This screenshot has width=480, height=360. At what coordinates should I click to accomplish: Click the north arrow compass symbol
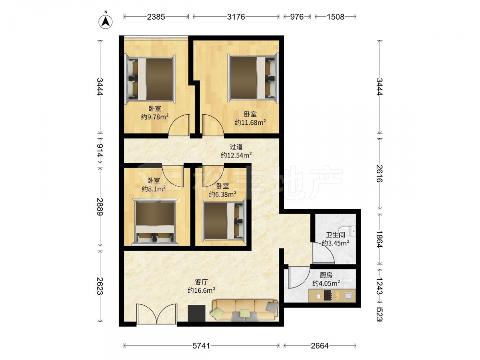pos(105,22)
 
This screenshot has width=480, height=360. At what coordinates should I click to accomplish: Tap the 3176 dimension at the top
pos(236,16)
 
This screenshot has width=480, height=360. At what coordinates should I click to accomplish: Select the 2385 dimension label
pos(156,16)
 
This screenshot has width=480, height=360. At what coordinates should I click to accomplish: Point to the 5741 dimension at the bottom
pos(201,346)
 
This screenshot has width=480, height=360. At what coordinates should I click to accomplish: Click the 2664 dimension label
pos(320,346)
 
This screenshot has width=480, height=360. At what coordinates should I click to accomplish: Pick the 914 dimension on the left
pos(100,151)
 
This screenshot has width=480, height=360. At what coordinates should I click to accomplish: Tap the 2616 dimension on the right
pos(379,173)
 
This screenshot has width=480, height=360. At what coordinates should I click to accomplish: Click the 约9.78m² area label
pos(155,117)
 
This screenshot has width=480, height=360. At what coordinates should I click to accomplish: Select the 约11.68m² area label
pos(250,122)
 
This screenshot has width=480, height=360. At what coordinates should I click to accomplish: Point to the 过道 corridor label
pos(236,147)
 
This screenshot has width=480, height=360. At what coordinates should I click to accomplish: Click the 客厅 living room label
pos(201,282)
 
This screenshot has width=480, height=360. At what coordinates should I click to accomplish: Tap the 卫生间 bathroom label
pos(336,235)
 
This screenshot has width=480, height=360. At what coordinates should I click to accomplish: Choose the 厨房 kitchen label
pos(326,275)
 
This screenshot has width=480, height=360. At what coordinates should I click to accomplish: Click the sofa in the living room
pos(245,310)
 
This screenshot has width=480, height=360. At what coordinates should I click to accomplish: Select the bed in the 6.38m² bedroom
pos(224,220)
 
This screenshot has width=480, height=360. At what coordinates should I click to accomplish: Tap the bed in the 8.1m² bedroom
pos(155,222)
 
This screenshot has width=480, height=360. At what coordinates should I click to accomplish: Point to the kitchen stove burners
pos(328,295)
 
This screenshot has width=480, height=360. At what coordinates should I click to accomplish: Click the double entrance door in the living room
pos(157,314)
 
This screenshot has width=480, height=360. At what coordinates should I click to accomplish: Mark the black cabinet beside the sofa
pos(196,313)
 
